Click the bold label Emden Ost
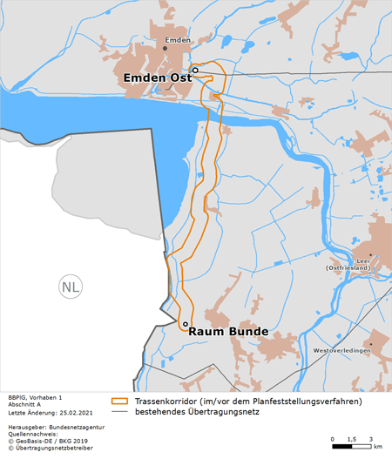point(157,78)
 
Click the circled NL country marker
point(69,286)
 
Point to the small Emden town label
point(177,40)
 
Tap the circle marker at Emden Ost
point(195,70)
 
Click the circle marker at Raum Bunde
point(185,323)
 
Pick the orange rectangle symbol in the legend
point(120,402)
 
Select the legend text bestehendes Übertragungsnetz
point(195,412)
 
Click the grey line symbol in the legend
point(120,412)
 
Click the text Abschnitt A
point(24,404)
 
